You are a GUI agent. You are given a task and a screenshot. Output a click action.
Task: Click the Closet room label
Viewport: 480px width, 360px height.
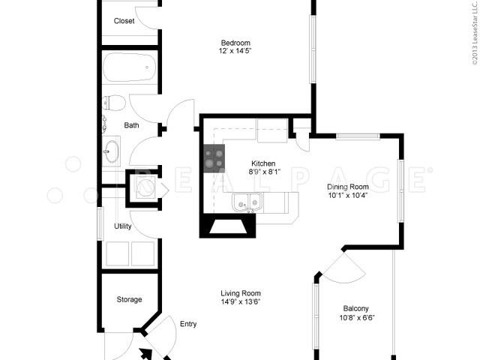pos(124,21)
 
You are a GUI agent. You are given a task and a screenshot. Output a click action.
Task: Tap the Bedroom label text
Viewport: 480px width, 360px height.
pos(235,42)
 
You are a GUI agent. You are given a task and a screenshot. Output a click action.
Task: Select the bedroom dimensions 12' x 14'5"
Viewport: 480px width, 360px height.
pos(235,51)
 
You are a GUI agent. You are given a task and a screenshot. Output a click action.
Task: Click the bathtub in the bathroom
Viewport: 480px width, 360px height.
pos(130,67)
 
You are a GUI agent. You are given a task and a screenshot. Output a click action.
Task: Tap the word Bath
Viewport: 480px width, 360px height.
pos(131,125)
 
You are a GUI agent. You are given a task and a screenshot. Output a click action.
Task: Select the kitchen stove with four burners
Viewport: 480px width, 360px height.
pos(213,159)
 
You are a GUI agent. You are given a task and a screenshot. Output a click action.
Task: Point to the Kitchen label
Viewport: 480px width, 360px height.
pos(262,163)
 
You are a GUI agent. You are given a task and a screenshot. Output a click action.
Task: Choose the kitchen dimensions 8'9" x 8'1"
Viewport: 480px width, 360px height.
pos(262,172)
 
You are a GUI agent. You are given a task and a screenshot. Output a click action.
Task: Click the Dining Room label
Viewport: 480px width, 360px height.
pos(347,187)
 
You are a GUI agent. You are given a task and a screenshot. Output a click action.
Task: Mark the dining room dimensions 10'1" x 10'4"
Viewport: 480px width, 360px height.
pos(347,196)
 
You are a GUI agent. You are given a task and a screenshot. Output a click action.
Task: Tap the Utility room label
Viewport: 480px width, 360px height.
pos(123,226)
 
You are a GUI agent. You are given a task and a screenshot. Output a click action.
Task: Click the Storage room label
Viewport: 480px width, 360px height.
pos(129,299)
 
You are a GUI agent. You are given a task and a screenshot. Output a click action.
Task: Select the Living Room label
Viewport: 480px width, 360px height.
pos(240,293)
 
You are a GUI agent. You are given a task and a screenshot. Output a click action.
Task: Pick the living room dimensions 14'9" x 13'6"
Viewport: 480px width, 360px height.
pos(240,302)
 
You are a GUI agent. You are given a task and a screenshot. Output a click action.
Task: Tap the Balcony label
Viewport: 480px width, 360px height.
pos(355,308)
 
